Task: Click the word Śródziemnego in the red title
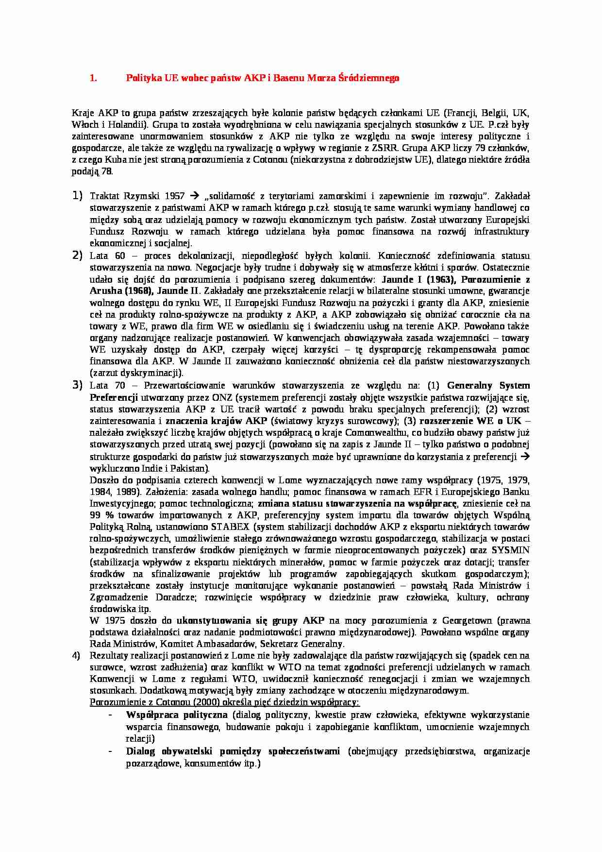point(374,78)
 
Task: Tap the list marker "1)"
point(78,196)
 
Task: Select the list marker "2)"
point(78,255)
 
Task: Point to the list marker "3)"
point(78,385)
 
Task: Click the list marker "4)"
point(76,655)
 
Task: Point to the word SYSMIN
point(510,550)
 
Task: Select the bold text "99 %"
point(101,515)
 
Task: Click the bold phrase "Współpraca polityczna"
point(177,715)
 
